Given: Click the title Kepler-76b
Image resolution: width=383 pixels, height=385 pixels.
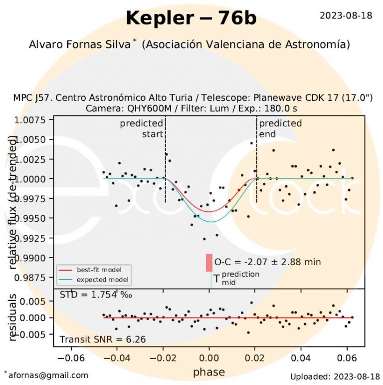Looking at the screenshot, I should click(x=191, y=18).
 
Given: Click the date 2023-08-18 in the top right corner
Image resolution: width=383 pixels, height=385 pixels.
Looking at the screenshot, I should click(x=346, y=15).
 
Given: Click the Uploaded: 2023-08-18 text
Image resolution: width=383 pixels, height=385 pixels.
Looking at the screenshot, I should click(x=331, y=376).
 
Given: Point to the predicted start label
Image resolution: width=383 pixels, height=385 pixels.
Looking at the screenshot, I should click(x=142, y=128).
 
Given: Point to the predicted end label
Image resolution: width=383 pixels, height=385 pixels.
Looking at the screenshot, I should click(x=280, y=128).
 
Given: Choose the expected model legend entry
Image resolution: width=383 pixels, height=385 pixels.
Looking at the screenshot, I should click(x=98, y=279).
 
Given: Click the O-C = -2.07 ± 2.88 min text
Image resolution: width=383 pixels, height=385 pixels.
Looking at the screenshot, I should click(x=267, y=262).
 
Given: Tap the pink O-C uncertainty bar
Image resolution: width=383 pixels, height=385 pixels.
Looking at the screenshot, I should click(x=209, y=263).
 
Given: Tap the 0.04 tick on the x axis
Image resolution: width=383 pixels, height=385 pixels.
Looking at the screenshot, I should click(x=301, y=358).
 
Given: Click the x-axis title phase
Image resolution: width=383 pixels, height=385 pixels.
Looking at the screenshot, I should click(x=209, y=372).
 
